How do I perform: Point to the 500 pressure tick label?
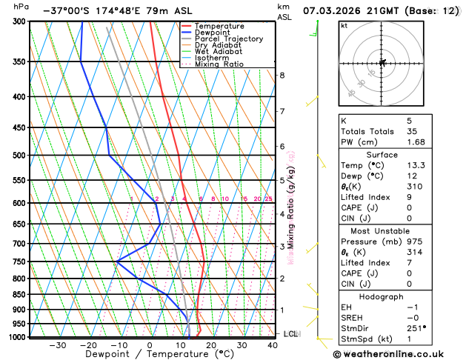[20, 156]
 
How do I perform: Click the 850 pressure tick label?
[20, 295]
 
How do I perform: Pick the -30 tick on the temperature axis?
[57, 345]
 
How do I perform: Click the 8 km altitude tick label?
[282, 76]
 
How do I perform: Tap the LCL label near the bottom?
[290, 334]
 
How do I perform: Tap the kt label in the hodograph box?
[344, 25]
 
